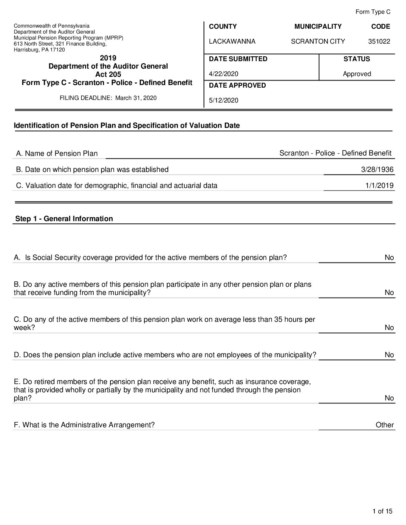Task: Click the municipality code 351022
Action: [379, 41]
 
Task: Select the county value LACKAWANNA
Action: [232, 41]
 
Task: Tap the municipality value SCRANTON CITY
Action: [318, 41]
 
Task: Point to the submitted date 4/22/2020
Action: [224, 74]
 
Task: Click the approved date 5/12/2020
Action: [224, 100]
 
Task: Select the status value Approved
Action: [357, 74]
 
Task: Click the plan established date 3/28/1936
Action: [377, 170]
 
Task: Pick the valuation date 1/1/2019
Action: [379, 186]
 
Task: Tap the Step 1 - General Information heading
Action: [64, 219]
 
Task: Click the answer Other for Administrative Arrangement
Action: [384, 425]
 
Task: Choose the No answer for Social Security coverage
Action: [389, 258]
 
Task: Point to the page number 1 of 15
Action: [382, 511]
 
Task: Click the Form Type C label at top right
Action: [373, 12]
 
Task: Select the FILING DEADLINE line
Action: [108, 98]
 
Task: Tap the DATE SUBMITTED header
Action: [238, 59]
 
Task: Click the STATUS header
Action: [357, 59]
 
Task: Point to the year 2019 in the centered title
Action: [108, 58]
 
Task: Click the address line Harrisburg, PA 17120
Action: [39, 50]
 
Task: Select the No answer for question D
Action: [389, 355]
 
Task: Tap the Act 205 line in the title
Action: [108, 74]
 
